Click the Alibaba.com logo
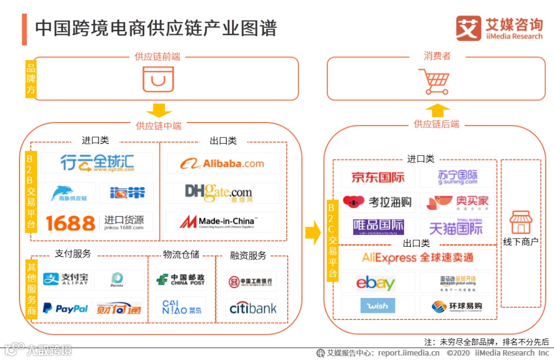pyautogui.click(x=222, y=164)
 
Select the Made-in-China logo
pyautogui.click(x=219, y=222)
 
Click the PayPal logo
pyautogui.click(x=65, y=308)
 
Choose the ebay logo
pyautogui.click(x=375, y=283)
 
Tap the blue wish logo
pyautogui.click(x=378, y=306)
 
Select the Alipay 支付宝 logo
pyautogui.click(x=66, y=279)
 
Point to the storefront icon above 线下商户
pyautogui.click(x=521, y=222)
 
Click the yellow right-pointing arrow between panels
pyautogui.click(x=312, y=233)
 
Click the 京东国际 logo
pyautogui.click(x=378, y=177)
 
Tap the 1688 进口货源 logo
pyautogui.click(x=95, y=223)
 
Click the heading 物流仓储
pyautogui.click(x=181, y=254)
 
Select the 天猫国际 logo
pyautogui.click(x=456, y=227)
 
